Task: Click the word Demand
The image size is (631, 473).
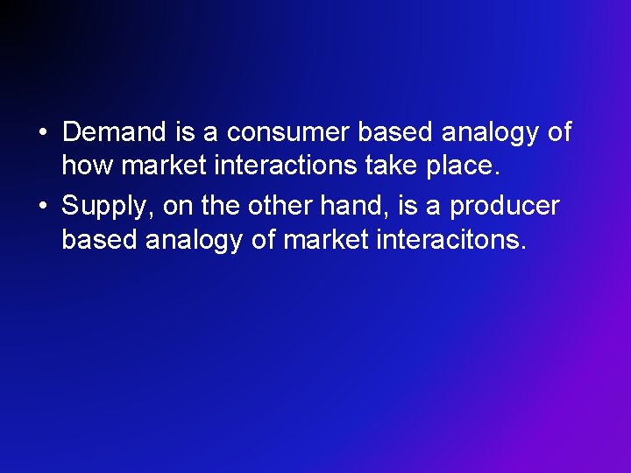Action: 115,132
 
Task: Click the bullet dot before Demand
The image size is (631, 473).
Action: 43,133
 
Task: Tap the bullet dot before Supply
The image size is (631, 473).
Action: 43,207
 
